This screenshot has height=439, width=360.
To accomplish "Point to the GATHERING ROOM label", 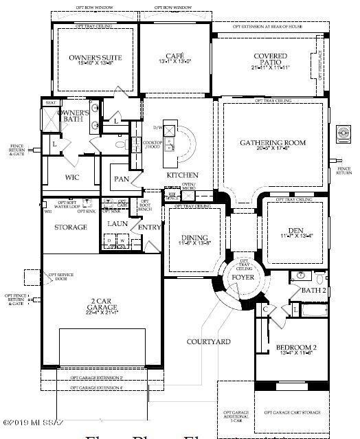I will [x=273, y=143].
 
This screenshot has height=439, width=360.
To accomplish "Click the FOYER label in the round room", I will [x=223, y=278].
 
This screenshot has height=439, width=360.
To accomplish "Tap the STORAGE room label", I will [x=70, y=227].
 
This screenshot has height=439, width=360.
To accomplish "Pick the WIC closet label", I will [x=72, y=177].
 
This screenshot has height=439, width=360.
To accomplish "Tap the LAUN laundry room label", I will [x=115, y=223].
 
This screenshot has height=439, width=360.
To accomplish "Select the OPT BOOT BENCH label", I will [x=144, y=204].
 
